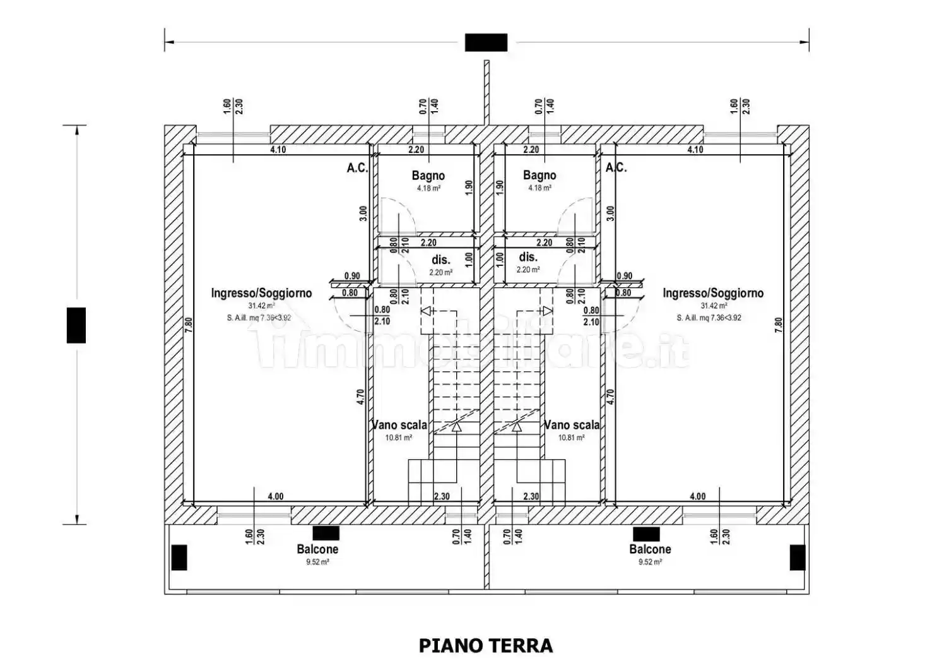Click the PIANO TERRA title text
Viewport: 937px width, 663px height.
click(x=486, y=645)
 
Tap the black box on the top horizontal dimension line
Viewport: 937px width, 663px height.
click(x=486, y=42)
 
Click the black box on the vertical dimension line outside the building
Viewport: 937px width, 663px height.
click(x=76, y=325)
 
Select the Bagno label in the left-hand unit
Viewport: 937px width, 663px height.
click(x=428, y=176)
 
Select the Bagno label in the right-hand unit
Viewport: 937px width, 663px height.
click(x=539, y=176)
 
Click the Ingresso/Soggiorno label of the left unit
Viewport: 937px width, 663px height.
click(x=261, y=293)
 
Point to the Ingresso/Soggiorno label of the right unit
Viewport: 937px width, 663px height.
click(x=713, y=293)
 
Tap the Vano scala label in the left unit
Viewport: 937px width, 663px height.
click(x=399, y=425)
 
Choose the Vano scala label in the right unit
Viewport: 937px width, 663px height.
click(x=572, y=425)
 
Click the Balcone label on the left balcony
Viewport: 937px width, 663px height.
click(x=318, y=549)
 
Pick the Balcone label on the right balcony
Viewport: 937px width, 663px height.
click(x=650, y=549)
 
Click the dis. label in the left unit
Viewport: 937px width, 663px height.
click(x=440, y=260)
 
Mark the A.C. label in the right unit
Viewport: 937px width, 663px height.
click(x=616, y=167)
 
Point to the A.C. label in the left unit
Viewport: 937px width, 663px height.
click(x=357, y=167)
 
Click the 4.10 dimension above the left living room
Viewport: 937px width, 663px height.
click(x=278, y=150)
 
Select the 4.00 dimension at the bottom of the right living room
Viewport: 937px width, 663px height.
click(x=697, y=496)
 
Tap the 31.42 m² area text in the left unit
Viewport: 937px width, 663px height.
click(x=261, y=306)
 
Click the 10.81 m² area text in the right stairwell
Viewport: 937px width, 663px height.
click(x=571, y=438)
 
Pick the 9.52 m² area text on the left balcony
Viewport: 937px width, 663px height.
click(x=317, y=562)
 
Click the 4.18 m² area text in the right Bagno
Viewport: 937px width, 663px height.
click(x=539, y=188)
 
